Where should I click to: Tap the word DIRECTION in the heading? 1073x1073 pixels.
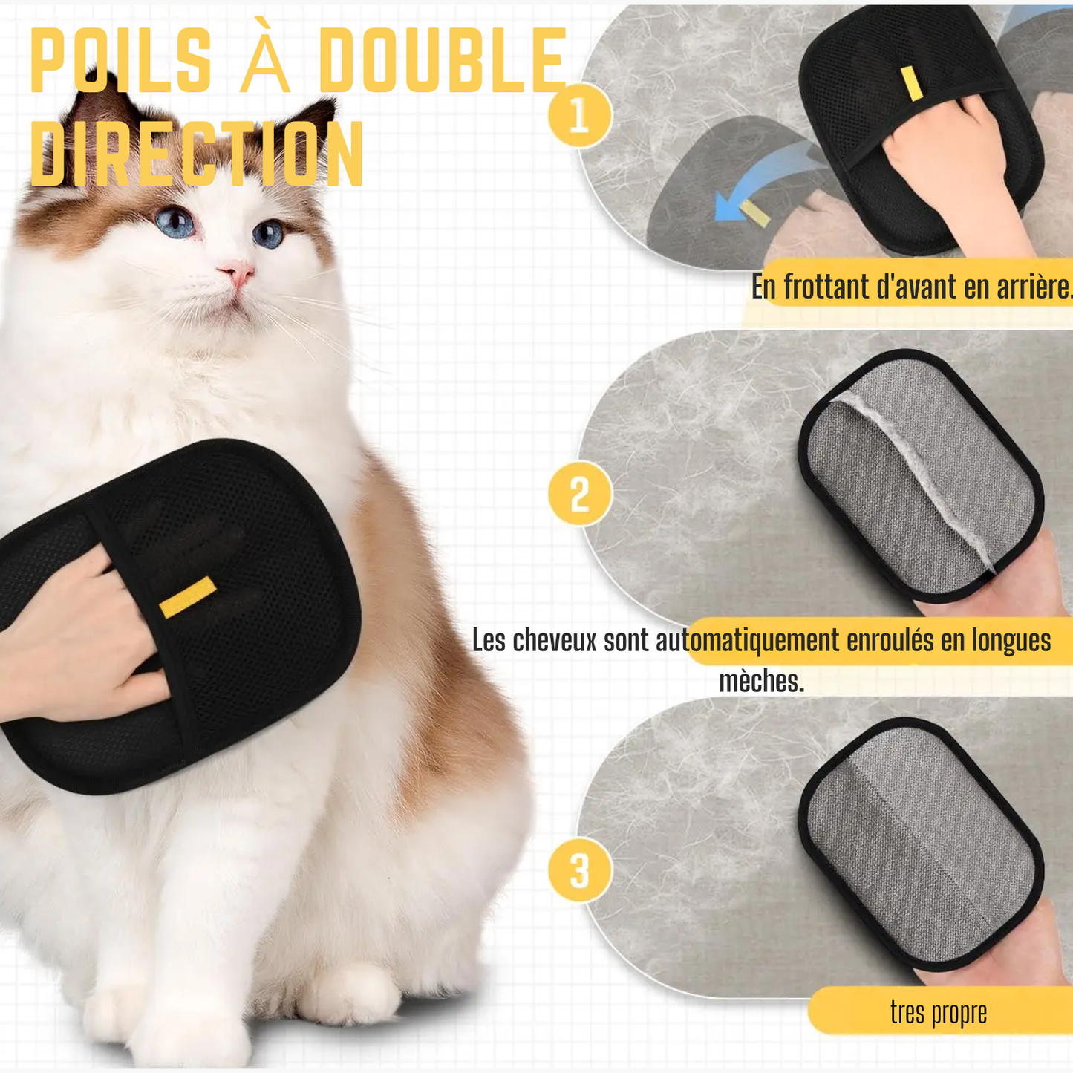(197, 154)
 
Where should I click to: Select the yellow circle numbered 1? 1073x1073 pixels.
(579, 116)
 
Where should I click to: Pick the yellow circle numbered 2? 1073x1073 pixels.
(579, 494)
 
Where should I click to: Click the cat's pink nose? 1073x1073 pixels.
(237, 273)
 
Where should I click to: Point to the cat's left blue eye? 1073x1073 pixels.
(175, 221)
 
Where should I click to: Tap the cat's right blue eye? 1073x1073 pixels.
(268, 234)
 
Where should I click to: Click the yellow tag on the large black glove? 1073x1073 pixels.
(188, 596)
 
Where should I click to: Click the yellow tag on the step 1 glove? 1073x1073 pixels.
(911, 83)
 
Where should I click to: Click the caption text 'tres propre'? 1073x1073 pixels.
(939, 1011)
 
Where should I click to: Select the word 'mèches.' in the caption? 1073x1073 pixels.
(761, 681)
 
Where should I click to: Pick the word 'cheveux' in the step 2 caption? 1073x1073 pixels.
(555, 640)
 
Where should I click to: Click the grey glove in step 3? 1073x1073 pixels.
(921, 843)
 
